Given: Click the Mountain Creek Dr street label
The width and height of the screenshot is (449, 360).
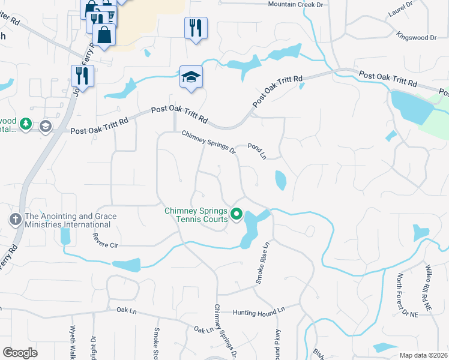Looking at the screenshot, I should tap(295, 4).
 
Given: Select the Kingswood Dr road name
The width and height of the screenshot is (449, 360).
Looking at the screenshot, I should tap(416, 37).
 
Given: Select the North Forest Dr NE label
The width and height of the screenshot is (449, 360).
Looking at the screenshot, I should tap(400, 294).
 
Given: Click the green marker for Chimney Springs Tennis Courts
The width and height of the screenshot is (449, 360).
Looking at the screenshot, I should tap(237, 214).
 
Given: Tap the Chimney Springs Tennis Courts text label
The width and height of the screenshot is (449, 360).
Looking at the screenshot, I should tap(196, 215).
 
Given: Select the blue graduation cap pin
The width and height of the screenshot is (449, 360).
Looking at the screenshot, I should tap(191, 77).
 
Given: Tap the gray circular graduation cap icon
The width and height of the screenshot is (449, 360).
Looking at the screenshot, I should tap(45, 126).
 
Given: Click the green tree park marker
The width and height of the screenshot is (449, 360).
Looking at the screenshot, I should tap(25, 124).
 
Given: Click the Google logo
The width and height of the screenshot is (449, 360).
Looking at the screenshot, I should tap(20, 353).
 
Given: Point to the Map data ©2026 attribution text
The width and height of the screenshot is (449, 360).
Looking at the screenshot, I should tap(423, 355).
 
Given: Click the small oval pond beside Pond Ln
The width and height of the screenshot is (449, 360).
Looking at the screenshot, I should tap(280, 180).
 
